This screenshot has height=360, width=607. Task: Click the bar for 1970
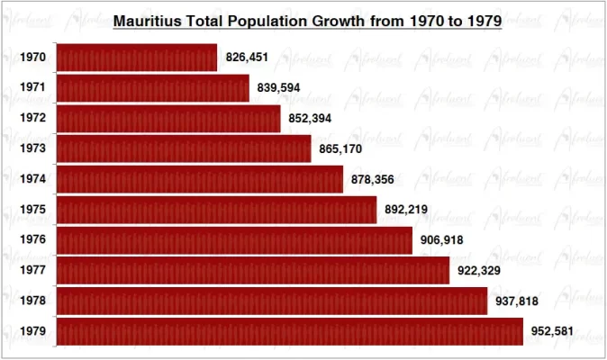[137, 58]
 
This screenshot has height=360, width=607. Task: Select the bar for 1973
[184, 148]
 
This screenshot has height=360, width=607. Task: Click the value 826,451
[247, 58]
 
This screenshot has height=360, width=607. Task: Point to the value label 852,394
[310, 118]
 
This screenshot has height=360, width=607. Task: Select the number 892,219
[406, 210]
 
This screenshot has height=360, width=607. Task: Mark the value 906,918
[442, 240]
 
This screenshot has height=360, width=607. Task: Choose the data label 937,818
[517, 301]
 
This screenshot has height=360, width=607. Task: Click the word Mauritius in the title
[144, 20]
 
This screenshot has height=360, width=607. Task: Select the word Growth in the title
[335, 20]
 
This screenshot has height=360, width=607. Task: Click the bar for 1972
[168, 118]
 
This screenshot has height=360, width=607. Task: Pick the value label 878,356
[373, 179]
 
